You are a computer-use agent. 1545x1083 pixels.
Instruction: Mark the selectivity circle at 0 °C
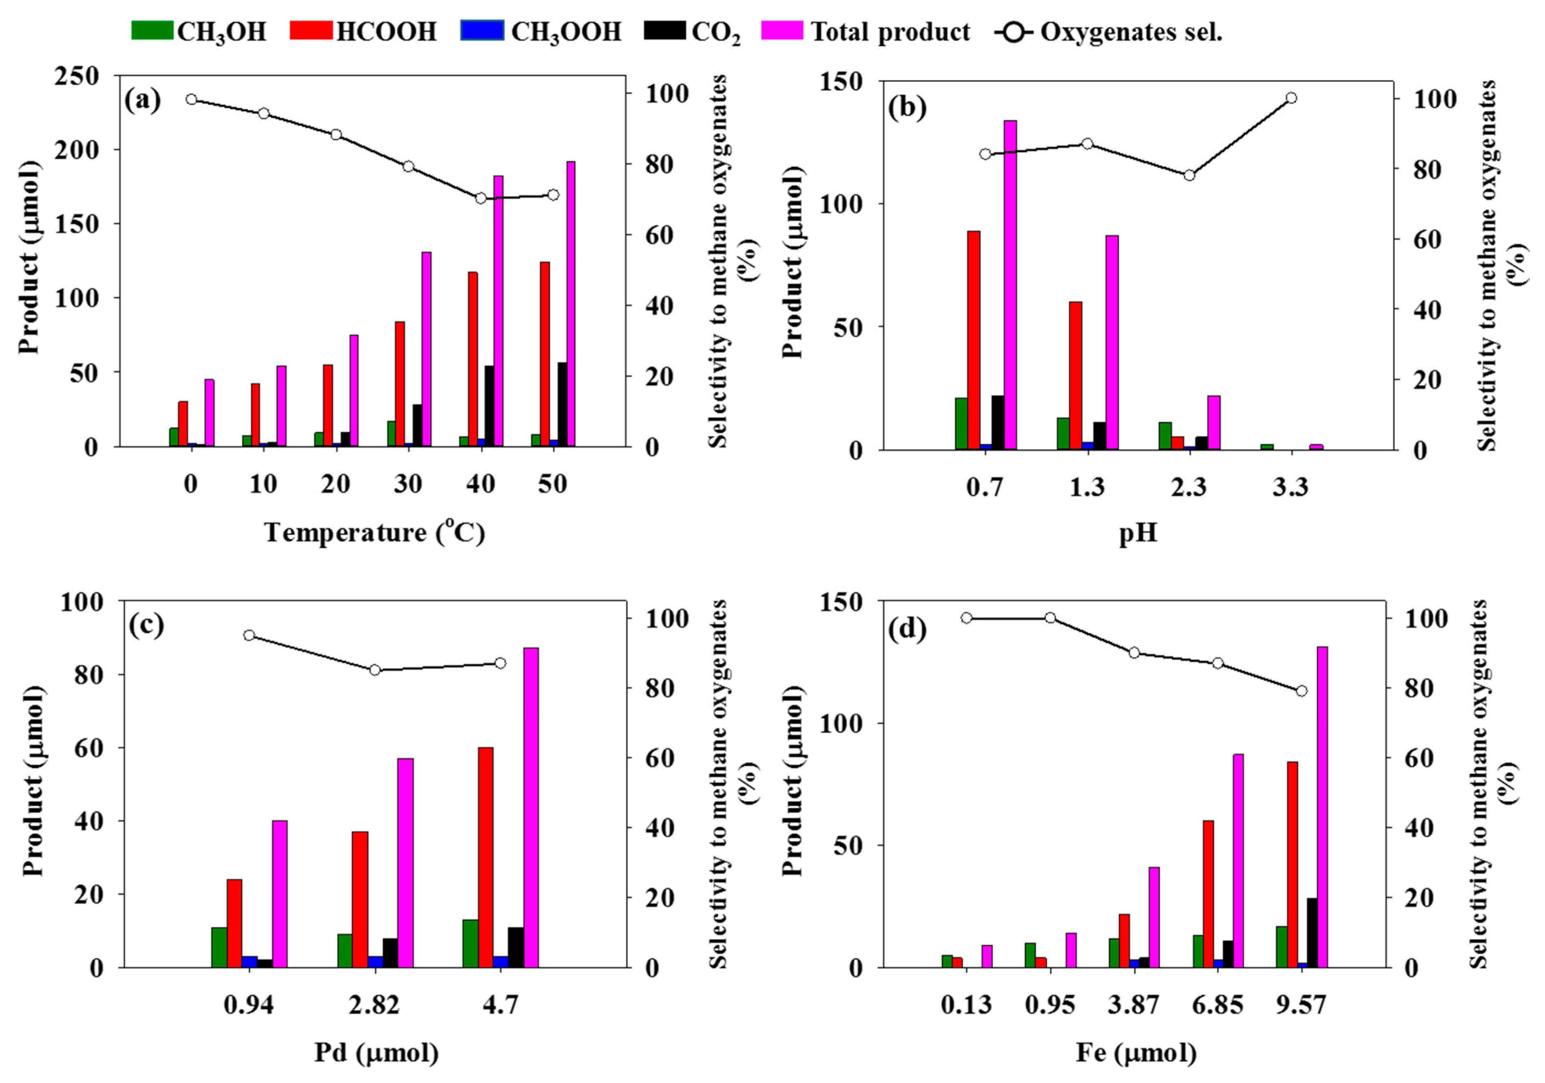(191, 99)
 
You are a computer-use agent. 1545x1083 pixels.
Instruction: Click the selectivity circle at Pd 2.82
(375, 670)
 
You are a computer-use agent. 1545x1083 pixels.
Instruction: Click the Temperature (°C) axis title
(374, 532)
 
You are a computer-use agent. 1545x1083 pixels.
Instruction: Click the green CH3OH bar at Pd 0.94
(219, 947)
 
